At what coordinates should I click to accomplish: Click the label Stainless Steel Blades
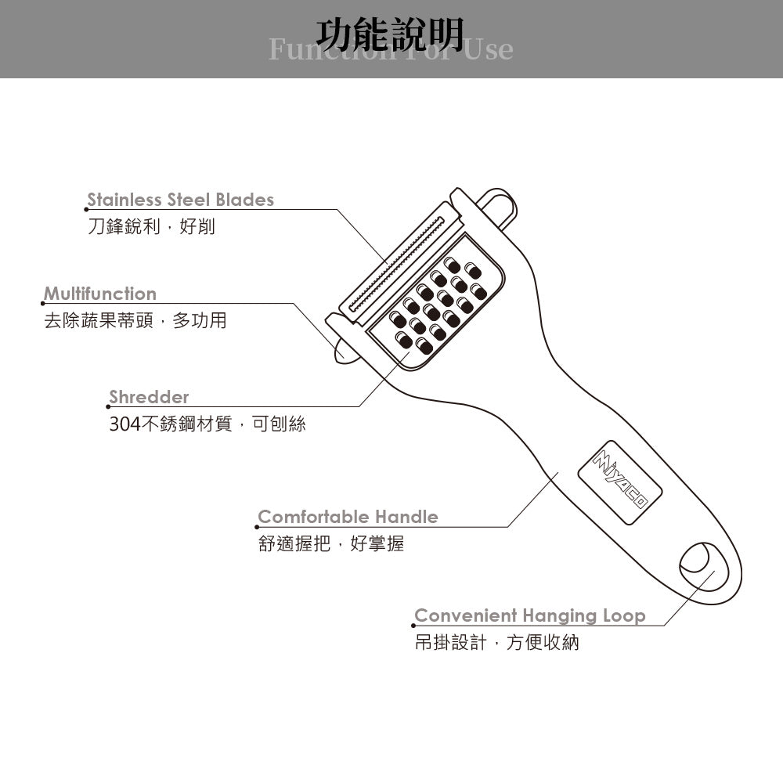coord(180,200)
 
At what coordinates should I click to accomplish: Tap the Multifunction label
coord(99,294)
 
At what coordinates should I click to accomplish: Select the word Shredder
coord(149,397)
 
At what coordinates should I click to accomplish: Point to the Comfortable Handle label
coord(348,517)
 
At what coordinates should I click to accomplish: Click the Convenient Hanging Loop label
coord(529,615)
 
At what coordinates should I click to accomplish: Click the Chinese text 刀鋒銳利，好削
coord(151,227)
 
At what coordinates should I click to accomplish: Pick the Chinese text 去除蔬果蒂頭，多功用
coord(135,321)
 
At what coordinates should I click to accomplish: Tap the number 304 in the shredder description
coord(124,424)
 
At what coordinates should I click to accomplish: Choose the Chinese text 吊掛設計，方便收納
coord(496,643)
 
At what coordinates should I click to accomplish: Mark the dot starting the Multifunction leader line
coord(43,304)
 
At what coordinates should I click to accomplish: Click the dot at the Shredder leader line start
coord(108,406)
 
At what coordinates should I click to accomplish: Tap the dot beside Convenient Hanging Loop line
coord(413,626)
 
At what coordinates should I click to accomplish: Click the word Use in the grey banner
coord(489,49)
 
